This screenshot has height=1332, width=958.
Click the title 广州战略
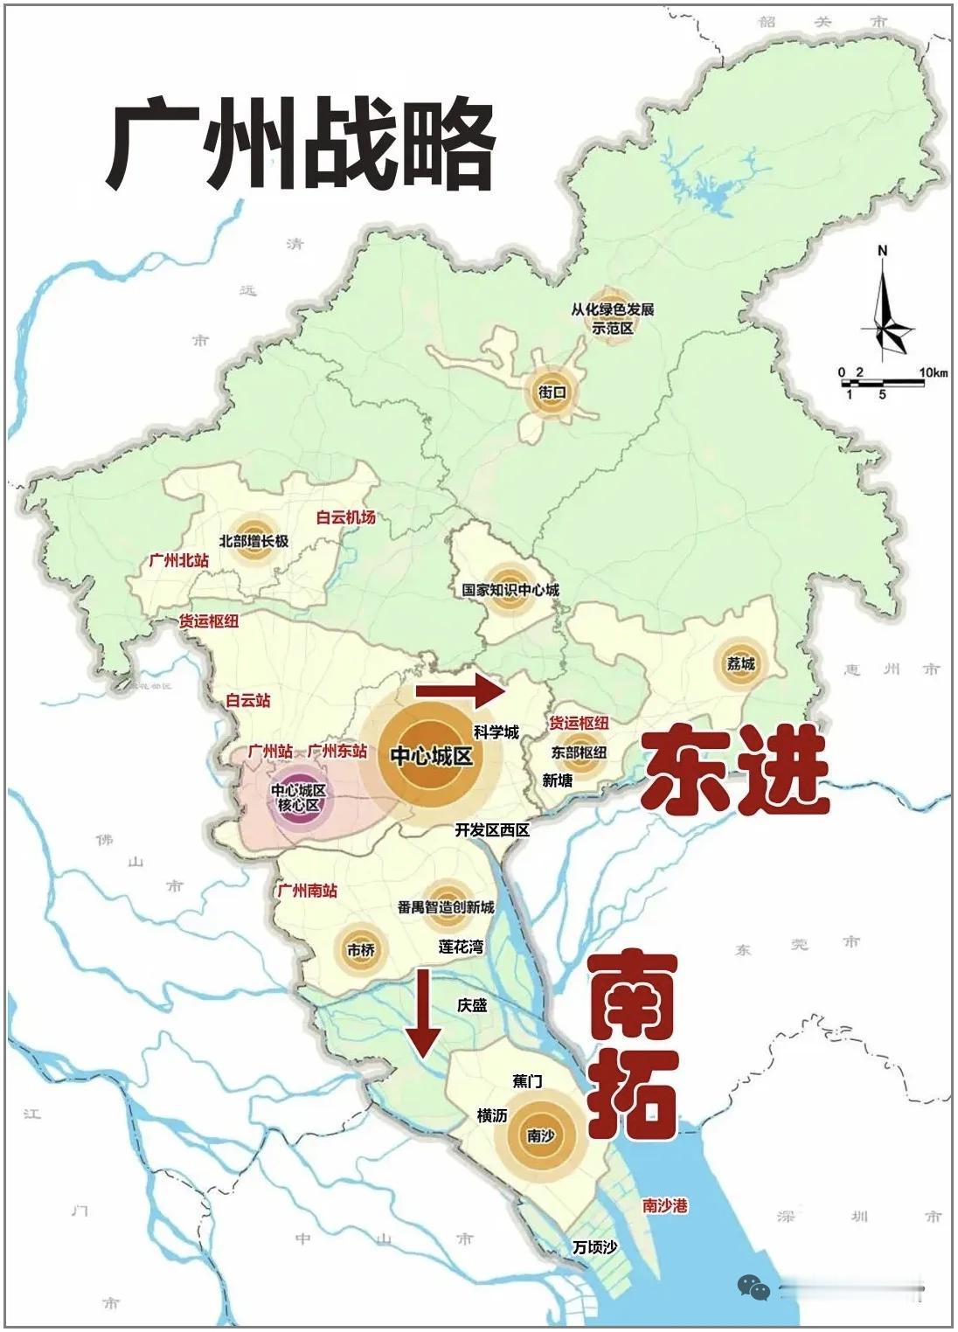[x=301, y=146]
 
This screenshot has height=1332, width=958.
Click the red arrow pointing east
[x=461, y=690]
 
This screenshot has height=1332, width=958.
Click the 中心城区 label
[x=430, y=755]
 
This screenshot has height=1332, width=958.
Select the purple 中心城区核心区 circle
[x=298, y=797]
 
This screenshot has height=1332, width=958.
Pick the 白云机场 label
[x=346, y=517]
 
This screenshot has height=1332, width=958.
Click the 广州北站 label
[x=178, y=560]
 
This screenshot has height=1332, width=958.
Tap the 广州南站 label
[x=307, y=891]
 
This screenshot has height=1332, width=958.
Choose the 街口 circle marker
[x=552, y=392]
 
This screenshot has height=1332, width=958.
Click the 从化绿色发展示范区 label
[x=612, y=319]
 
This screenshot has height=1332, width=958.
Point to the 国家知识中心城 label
[x=510, y=590]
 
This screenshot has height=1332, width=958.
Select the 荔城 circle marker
[x=740, y=663]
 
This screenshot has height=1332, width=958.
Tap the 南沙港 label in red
[x=664, y=1205]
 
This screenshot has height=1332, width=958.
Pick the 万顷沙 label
[x=594, y=1247]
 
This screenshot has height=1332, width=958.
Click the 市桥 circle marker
[x=360, y=949]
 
